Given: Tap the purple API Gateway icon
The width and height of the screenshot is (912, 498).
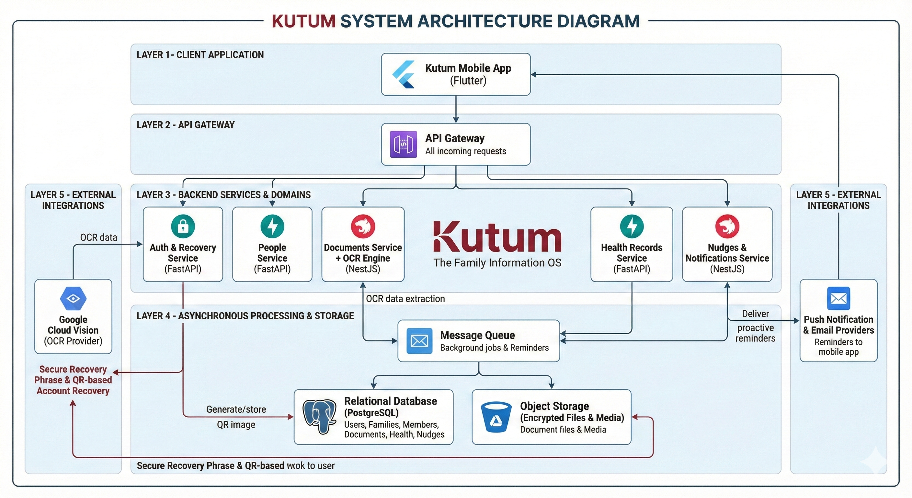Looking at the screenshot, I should point(403,144).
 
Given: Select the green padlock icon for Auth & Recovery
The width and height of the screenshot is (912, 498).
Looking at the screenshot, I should point(183,226).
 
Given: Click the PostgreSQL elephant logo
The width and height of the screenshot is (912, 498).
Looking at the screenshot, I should point(319,417).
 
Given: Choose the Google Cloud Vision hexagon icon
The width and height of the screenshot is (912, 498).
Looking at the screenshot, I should point(73,299).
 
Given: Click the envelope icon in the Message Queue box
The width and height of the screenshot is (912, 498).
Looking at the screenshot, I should point(419,341).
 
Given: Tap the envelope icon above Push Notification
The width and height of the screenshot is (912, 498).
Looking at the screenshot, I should point(838,299).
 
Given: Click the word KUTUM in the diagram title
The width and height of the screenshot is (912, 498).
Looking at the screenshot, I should point(303,21).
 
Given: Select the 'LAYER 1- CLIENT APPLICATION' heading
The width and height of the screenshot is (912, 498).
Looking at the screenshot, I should point(200,55).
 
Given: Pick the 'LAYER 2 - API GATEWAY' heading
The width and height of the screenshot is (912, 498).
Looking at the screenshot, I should point(186,125).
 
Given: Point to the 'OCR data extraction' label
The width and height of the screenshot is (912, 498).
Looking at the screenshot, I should point(405,299).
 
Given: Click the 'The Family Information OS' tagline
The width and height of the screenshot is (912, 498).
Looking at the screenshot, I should point(497,263).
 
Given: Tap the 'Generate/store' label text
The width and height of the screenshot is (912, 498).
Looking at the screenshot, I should point(236,409).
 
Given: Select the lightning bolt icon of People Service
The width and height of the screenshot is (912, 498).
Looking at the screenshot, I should point(272,226).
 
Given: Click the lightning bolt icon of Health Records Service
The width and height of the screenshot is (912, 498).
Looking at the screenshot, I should point(632,226).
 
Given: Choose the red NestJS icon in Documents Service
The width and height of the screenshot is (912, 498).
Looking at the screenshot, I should point(363,226).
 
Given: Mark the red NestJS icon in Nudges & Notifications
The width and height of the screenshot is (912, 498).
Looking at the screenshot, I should point(727,226).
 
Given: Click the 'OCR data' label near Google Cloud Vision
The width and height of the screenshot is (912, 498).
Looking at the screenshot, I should point(98,237).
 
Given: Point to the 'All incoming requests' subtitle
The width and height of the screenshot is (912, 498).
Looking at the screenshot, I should point(466,151).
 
